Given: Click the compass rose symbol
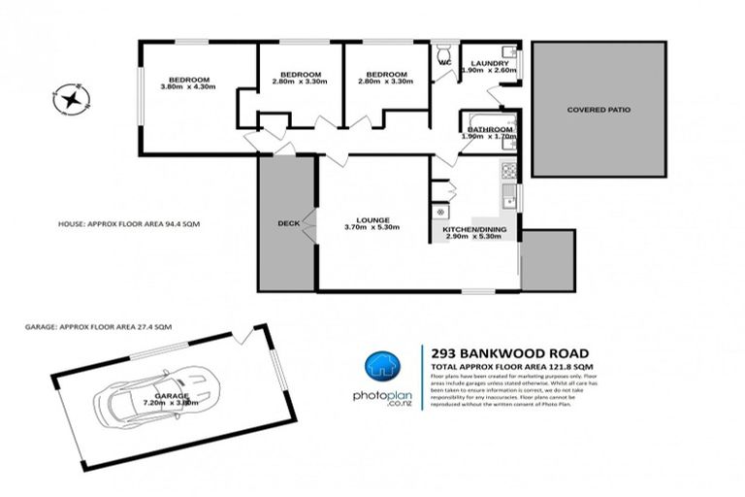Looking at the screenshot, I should coord(70,98).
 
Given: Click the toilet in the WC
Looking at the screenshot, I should coord(444,52).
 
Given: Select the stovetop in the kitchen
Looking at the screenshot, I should coord(507,174).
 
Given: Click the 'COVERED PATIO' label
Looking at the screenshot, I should coord(599,110).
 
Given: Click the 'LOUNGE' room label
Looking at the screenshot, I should coord(372,220).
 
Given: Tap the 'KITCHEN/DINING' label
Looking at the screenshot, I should coord(474,229).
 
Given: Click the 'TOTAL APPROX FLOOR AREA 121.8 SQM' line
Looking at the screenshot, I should coord(504,366).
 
